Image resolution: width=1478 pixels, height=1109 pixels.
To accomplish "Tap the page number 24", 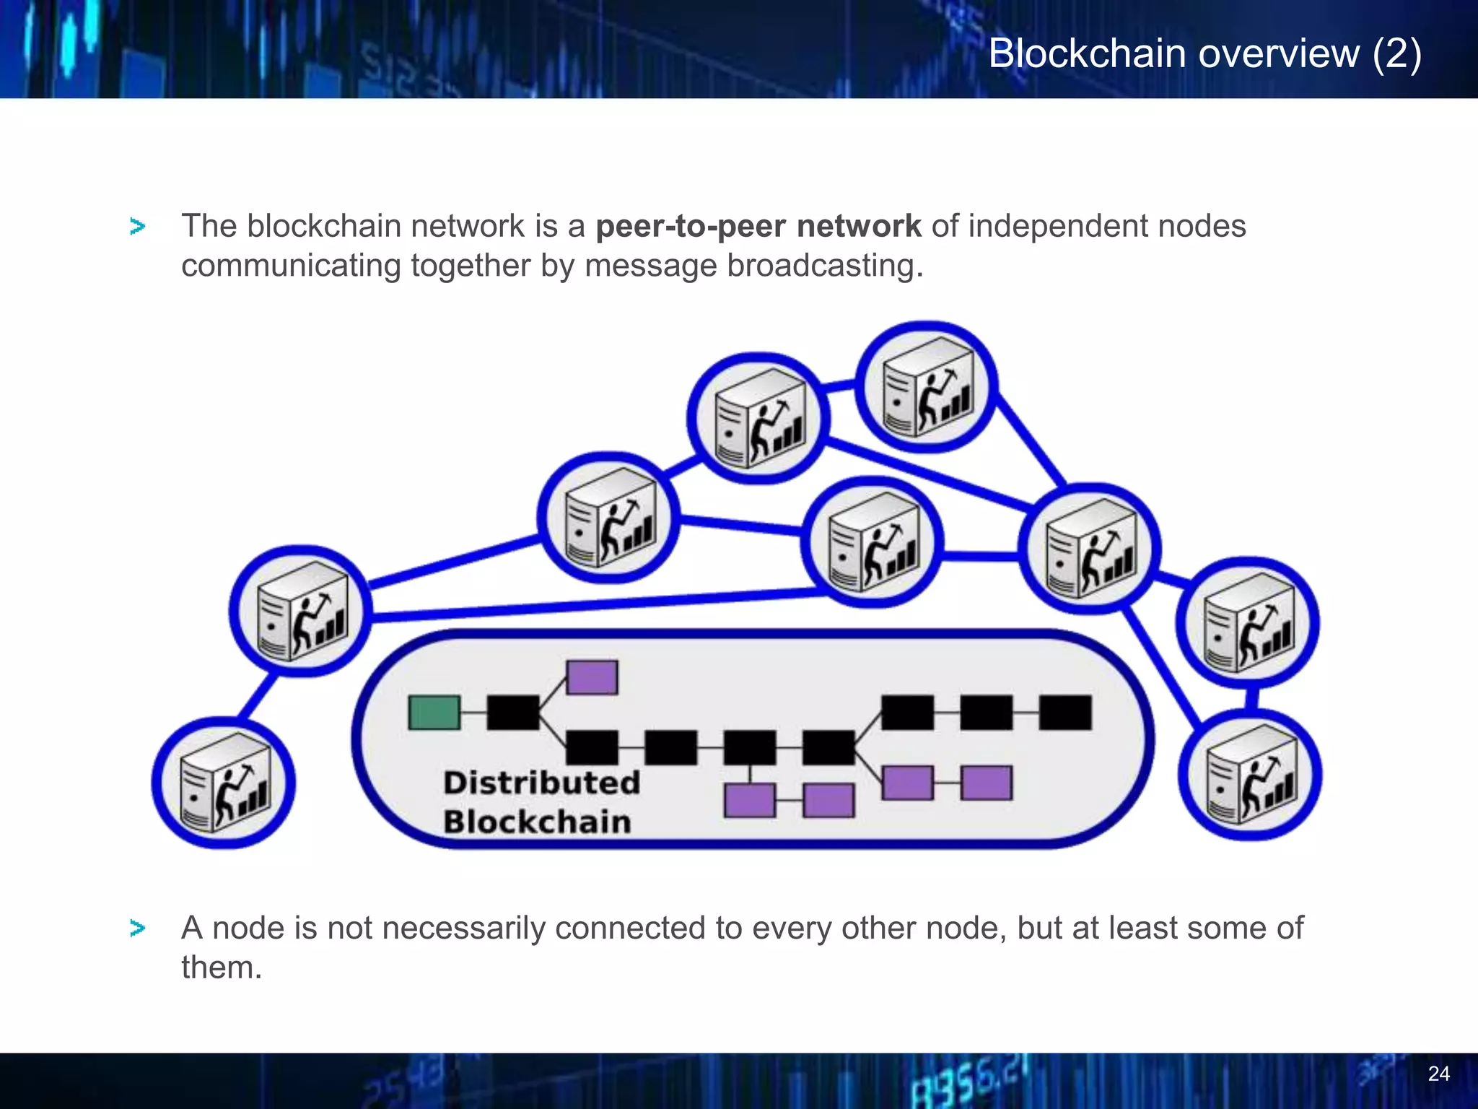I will click(1438, 1074).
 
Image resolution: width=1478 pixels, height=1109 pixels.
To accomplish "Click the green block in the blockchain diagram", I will click(434, 712).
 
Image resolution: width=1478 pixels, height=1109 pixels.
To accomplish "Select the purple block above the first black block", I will click(592, 677).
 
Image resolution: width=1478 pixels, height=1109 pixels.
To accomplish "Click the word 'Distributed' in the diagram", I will click(541, 783).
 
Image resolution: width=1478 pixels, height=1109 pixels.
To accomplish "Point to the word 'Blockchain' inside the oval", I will click(537, 822).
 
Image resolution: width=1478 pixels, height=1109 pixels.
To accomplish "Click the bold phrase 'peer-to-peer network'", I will click(758, 226).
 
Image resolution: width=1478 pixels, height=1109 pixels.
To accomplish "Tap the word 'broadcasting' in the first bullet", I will click(825, 266).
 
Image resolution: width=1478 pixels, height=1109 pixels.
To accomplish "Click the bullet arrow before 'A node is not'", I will click(137, 928).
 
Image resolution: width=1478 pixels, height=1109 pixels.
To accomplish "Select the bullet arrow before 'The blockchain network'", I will click(137, 227).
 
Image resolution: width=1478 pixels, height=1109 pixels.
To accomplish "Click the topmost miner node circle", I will click(927, 388).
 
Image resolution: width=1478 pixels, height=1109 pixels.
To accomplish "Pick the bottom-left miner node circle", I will click(224, 783).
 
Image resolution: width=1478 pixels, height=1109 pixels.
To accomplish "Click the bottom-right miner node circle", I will click(1250, 775).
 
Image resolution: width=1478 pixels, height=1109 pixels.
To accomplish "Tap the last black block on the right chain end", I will click(1065, 713).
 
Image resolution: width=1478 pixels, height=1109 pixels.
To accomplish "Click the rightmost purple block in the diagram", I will click(987, 783).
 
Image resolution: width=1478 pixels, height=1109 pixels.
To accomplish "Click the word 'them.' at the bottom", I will click(221, 967).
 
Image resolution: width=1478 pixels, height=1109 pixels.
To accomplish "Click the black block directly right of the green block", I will click(513, 712).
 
